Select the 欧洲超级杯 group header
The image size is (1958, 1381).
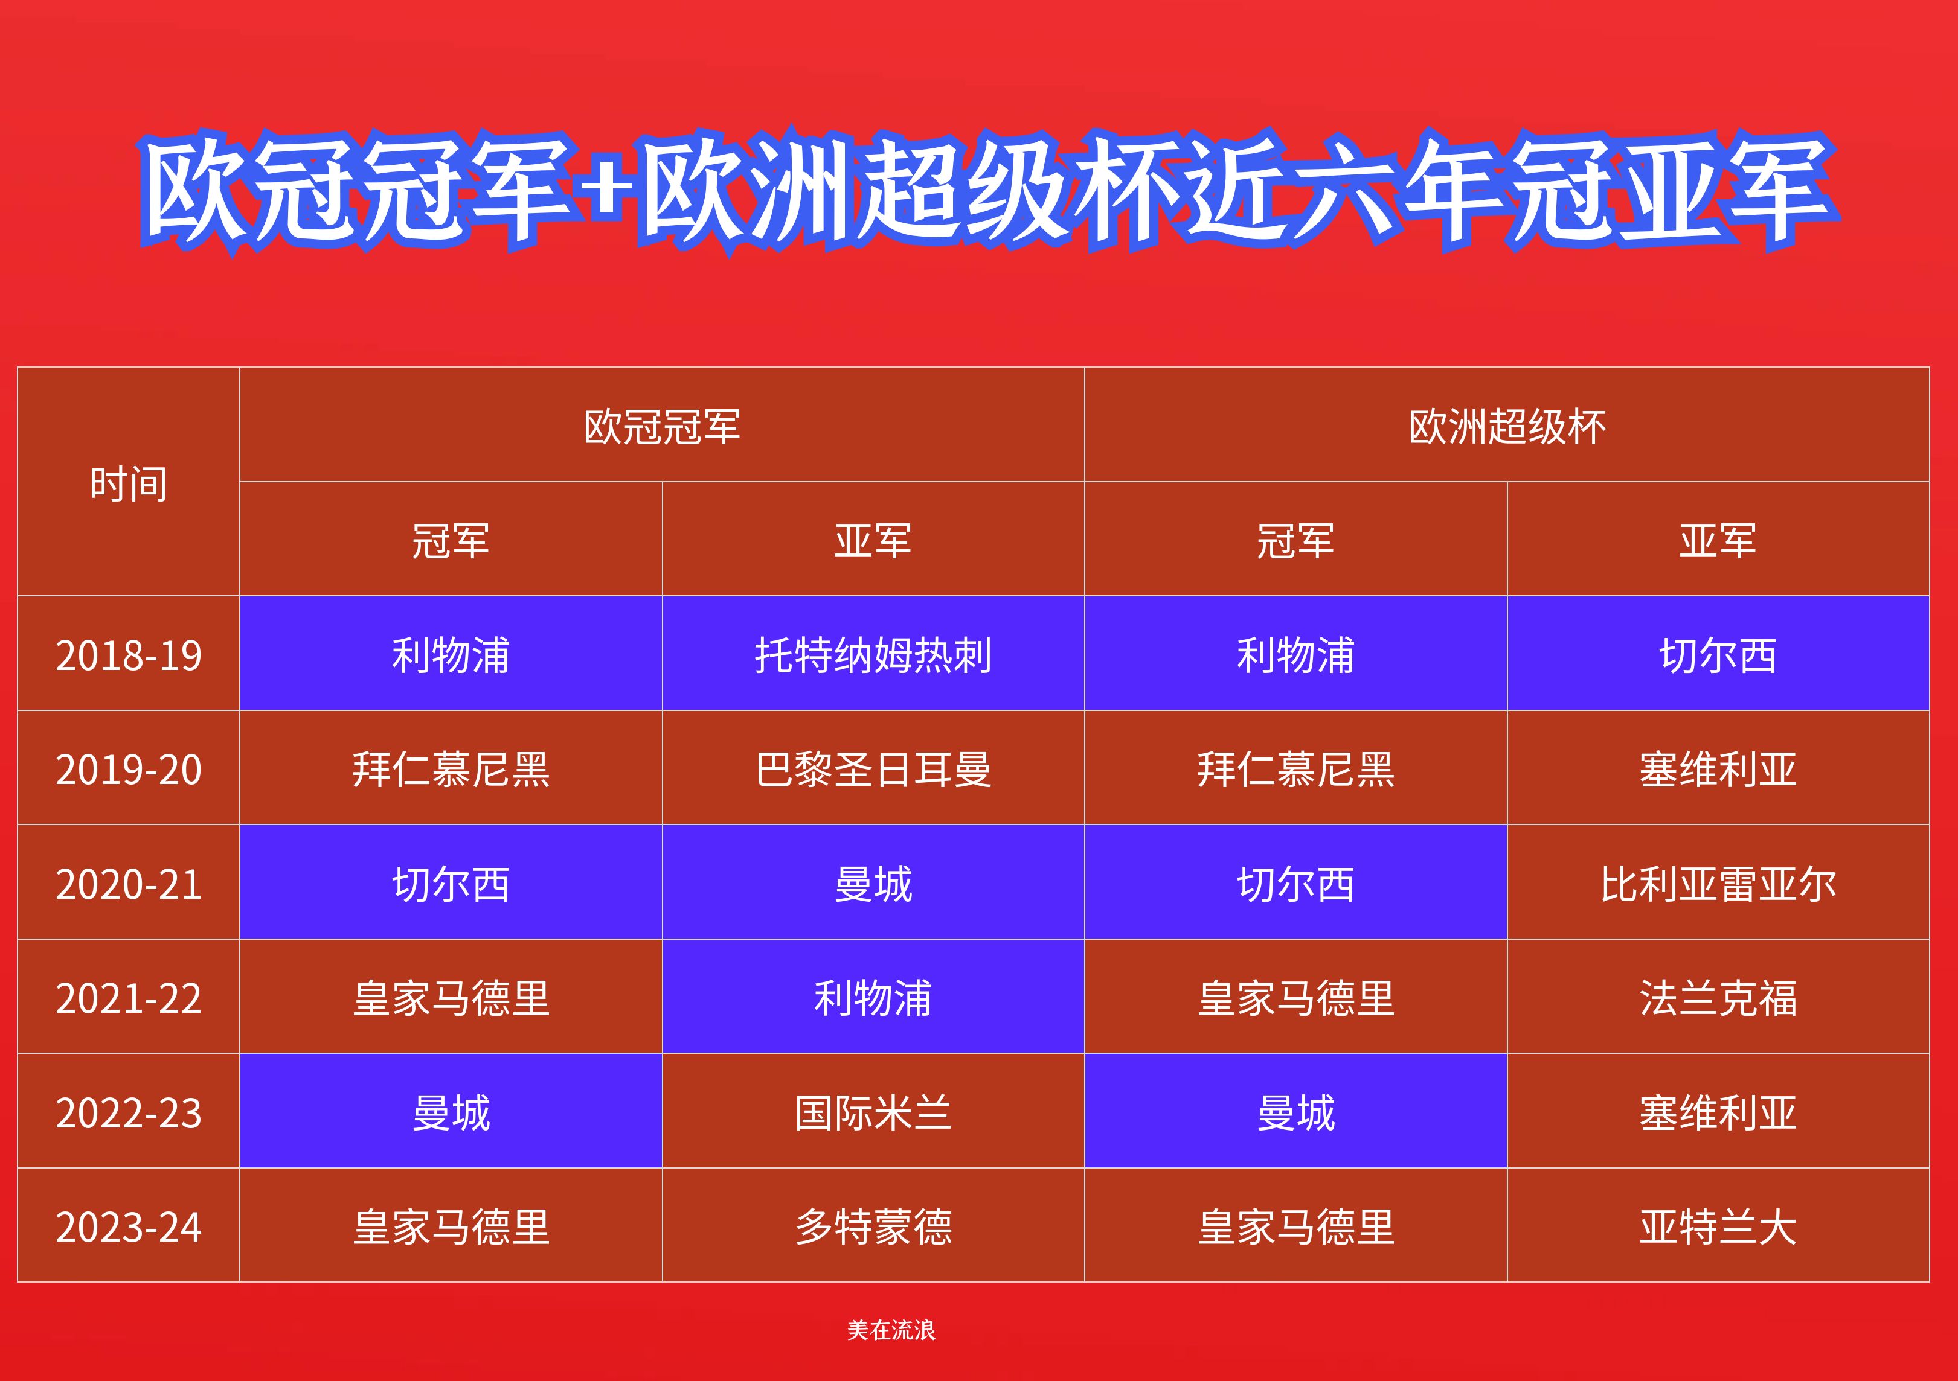tap(1506, 426)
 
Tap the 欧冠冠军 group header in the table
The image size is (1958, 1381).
tap(662, 426)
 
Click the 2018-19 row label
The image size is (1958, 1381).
tap(128, 655)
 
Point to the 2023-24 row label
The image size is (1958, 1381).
tap(128, 1226)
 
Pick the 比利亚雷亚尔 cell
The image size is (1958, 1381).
tap(1718, 883)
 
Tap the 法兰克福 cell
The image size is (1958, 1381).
tap(1718, 997)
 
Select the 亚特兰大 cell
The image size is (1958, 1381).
tap(1718, 1226)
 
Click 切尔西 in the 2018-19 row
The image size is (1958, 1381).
tap(1718, 655)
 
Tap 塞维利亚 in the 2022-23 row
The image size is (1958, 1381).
tap(1718, 1112)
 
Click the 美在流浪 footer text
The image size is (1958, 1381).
tap(891, 1329)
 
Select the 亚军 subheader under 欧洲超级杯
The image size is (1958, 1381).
tap(1718, 540)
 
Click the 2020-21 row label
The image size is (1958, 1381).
tap(128, 883)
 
